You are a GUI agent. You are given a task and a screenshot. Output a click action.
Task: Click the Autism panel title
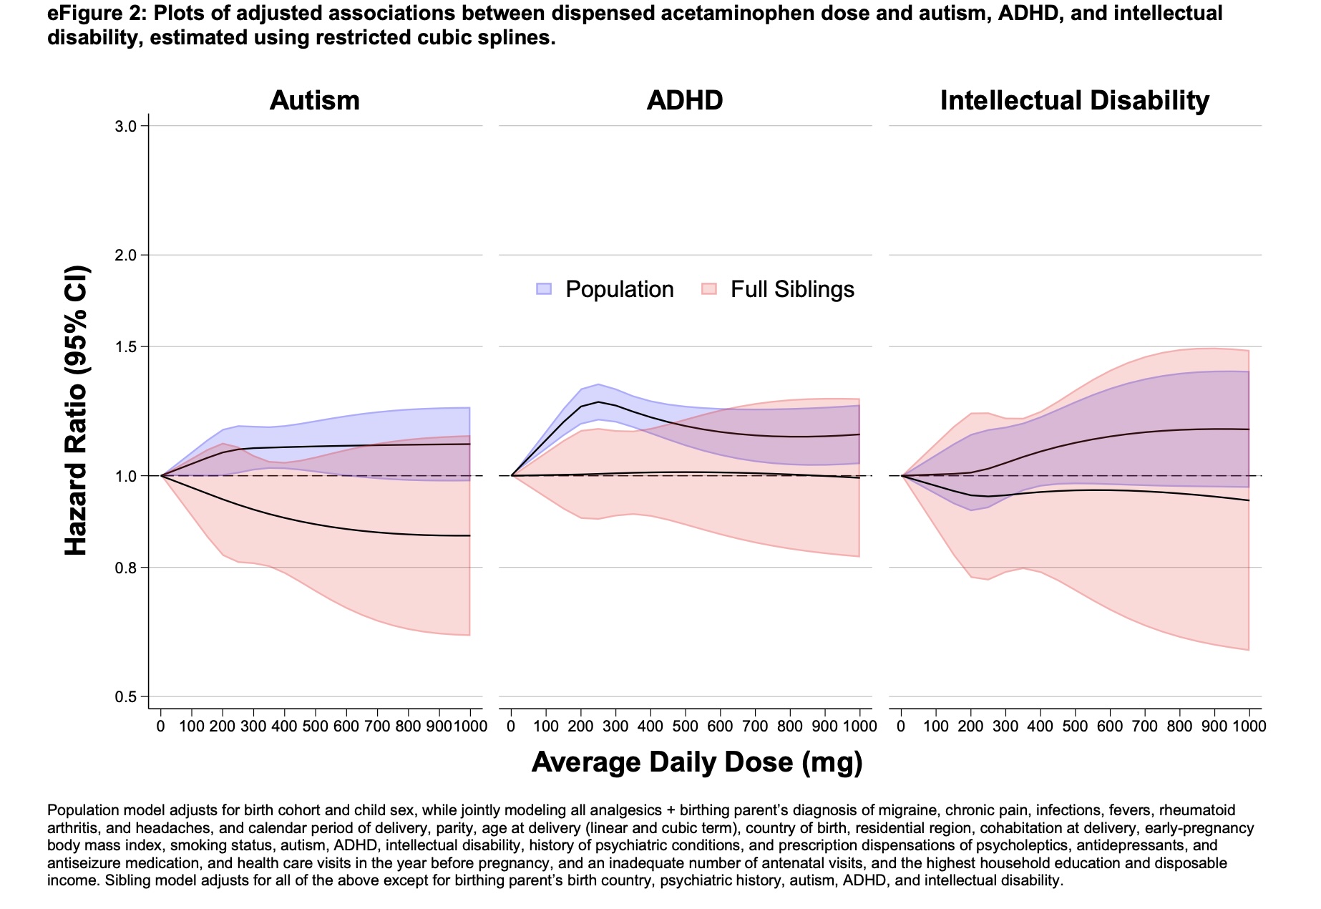pos(314,100)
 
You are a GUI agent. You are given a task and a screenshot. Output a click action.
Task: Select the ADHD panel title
pos(684,100)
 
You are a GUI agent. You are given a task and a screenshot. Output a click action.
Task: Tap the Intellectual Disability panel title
pos(1074,100)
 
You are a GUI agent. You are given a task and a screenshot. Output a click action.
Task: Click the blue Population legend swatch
pos(544,289)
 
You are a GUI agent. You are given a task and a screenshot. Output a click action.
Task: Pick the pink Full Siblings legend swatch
pos(708,289)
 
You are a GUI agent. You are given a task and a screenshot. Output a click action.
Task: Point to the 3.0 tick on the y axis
pos(125,127)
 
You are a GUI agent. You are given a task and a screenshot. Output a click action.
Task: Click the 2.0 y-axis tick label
pos(125,256)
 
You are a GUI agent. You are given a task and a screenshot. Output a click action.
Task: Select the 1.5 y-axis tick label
pos(125,347)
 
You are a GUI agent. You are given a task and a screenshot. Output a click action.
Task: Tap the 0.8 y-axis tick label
pos(125,568)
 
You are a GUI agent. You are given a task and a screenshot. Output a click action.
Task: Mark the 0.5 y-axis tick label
pos(125,697)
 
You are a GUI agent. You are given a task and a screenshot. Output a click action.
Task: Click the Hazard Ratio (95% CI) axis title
pos(76,411)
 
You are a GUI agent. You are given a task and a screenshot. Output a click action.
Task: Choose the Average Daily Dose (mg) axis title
pos(696,762)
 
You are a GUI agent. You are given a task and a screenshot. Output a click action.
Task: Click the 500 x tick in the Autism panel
pos(315,726)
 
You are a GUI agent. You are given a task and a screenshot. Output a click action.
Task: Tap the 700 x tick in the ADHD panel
pos(755,726)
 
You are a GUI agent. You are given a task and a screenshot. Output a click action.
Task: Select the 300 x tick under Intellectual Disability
pos(1005,726)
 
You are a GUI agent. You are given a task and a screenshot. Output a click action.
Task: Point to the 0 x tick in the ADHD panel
pos(511,726)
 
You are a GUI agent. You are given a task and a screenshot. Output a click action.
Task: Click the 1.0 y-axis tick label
pos(125,476)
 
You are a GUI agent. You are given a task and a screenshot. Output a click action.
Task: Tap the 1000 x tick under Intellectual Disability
pos(1249,726)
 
